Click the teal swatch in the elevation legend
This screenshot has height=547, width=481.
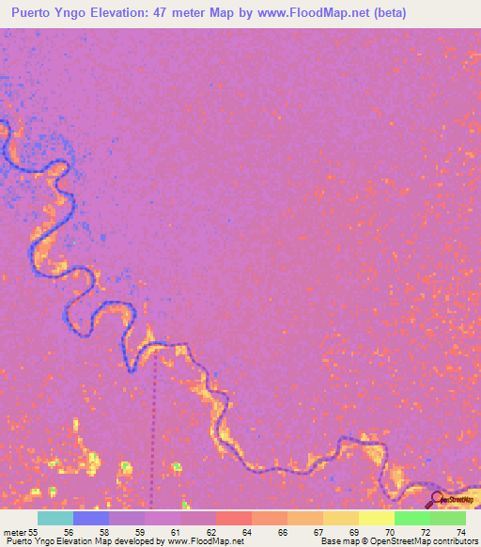coord(55,518)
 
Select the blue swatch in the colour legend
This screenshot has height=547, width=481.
coord(91,518)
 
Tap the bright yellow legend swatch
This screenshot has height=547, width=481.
coord(377,518)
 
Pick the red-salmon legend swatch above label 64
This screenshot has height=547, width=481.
coord(234,518)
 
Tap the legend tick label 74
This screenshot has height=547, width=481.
coord(460,532)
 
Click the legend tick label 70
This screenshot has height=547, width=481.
coord(388,532)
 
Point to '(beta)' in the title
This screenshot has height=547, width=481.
coord(387,12)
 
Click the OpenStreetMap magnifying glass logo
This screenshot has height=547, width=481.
coord(438,498)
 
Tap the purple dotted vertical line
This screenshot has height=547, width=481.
coord(155,423)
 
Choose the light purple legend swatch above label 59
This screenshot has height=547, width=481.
coord(127,518)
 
